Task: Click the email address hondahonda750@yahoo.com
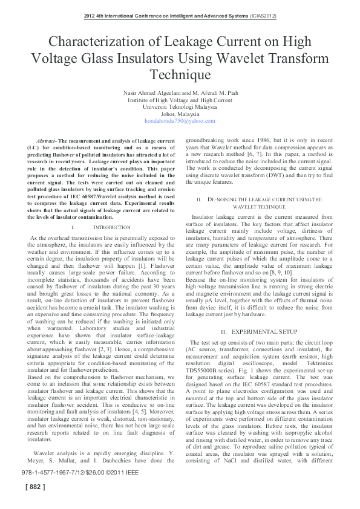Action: coord(180,121)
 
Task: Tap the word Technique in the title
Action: coord(180,74)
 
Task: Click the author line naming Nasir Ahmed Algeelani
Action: coord(180,92)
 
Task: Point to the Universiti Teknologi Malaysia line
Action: coord(180,106)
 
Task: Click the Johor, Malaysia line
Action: coord(180,114)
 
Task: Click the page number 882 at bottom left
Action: coord(34,502)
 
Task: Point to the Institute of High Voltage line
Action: coord(180,100)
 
